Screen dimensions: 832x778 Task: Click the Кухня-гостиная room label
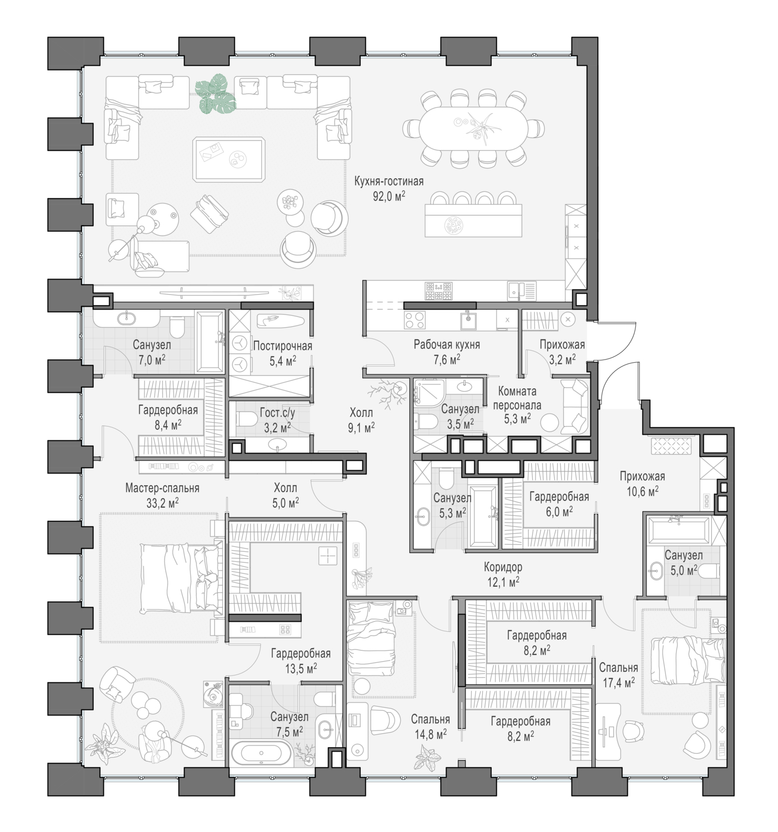pos(388,181)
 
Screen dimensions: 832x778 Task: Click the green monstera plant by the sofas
pos(215,93)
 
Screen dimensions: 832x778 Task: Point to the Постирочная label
pos(282,346)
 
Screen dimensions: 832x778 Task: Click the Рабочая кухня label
pos(447,344)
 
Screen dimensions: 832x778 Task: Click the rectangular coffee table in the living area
pos(228,160)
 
